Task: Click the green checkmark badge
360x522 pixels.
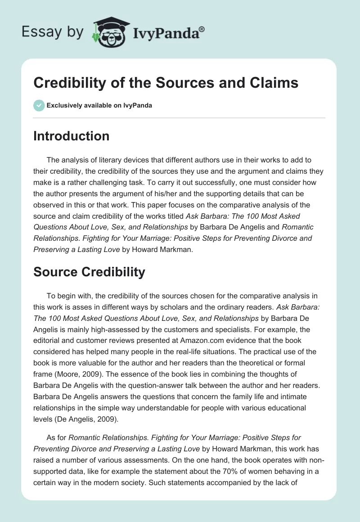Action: click(x=38, y=105)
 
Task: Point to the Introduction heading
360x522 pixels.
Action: click(x=71, y=136)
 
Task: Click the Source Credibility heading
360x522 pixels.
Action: click(x=89, y=271)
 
